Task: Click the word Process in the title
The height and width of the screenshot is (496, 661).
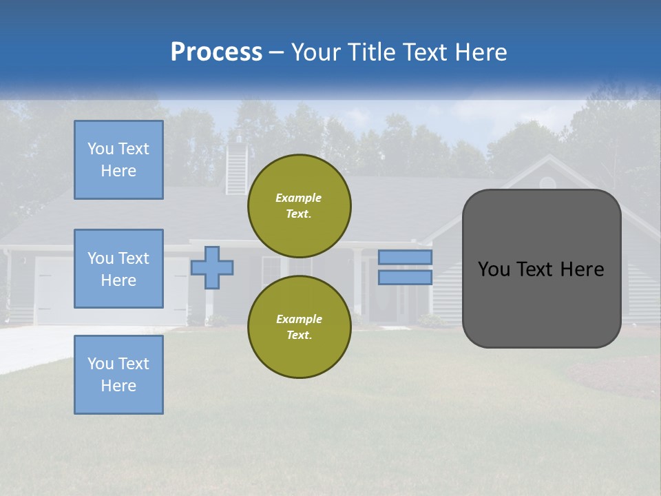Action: (216, 52)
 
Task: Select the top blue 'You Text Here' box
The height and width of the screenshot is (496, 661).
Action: (118, 160)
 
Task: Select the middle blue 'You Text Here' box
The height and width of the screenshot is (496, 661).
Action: (118, 269)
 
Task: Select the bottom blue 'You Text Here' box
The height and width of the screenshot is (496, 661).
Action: (118, 375)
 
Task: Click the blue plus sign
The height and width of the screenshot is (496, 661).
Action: (212, 267)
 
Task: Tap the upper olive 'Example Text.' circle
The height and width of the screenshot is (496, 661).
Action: (299, 205)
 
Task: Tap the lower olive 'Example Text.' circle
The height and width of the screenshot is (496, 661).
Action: (299, 327)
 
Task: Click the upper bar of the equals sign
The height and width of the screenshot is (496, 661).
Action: (405, 257)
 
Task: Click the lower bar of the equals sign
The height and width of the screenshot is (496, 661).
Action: (405, 277)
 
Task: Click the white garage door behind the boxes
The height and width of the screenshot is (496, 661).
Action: (48, 289)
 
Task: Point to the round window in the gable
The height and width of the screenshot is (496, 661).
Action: (547, 183)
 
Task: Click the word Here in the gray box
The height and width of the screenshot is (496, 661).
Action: (582, 269)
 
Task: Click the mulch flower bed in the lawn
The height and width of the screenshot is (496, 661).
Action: (613, 375)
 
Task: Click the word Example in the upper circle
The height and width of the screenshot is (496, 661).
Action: (298, 198)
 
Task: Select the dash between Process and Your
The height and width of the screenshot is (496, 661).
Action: (276, 53)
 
